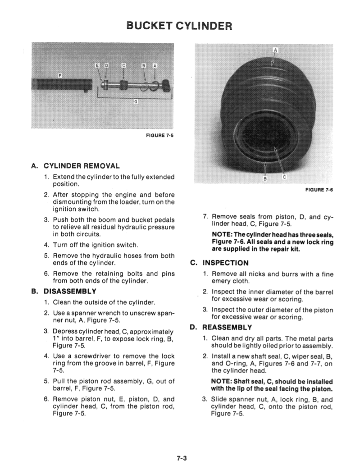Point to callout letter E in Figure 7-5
(x=97, y=65)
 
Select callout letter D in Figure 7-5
(x=106, y=65)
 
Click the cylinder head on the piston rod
(x=123, y=84)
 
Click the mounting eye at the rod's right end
(x=165, y=84)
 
